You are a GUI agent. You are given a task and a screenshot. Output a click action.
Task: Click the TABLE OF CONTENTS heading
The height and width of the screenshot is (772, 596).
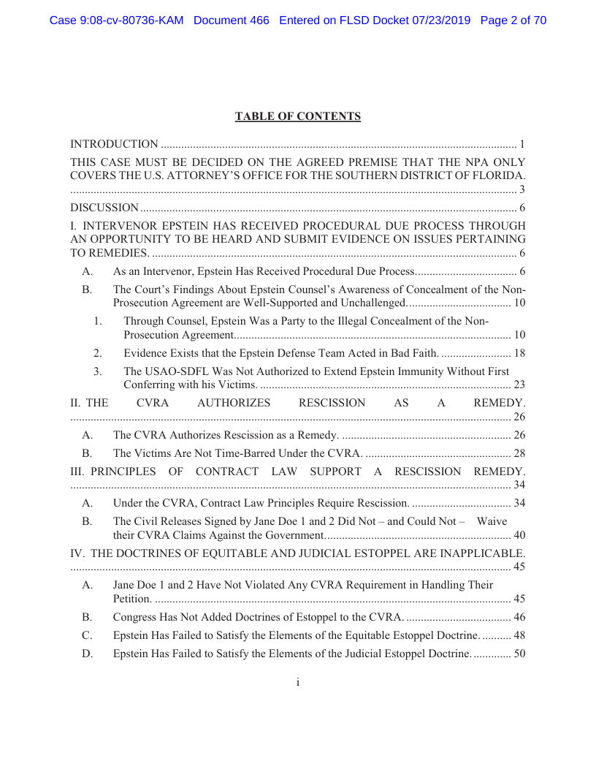(x=298, y=116)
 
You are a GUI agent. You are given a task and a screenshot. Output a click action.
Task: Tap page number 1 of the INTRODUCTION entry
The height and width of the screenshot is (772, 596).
(x=522, y=144)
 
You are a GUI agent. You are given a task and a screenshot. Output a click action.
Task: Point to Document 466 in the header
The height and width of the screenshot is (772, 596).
(x=232, y=20)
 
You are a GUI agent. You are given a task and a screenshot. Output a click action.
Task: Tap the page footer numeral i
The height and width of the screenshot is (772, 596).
(x=298, y=682)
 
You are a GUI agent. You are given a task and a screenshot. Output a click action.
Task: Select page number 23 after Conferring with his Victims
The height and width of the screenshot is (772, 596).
(x=519, y=385)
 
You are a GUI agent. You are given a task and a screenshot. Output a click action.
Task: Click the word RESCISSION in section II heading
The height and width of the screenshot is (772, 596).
(x=332, y=403)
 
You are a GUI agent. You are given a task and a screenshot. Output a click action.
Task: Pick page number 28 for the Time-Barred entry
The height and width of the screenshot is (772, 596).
(x=519, y=453)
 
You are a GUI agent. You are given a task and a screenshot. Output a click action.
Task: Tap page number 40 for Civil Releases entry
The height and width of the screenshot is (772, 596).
(x=519, y=535)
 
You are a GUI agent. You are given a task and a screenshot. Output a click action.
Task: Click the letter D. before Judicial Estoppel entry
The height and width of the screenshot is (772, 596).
(x=88, y=654)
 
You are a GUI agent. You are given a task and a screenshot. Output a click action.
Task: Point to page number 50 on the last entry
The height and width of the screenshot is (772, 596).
(x=519, y=654)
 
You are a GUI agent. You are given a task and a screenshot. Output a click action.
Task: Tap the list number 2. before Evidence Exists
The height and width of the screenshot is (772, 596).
(x=98, y=354)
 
